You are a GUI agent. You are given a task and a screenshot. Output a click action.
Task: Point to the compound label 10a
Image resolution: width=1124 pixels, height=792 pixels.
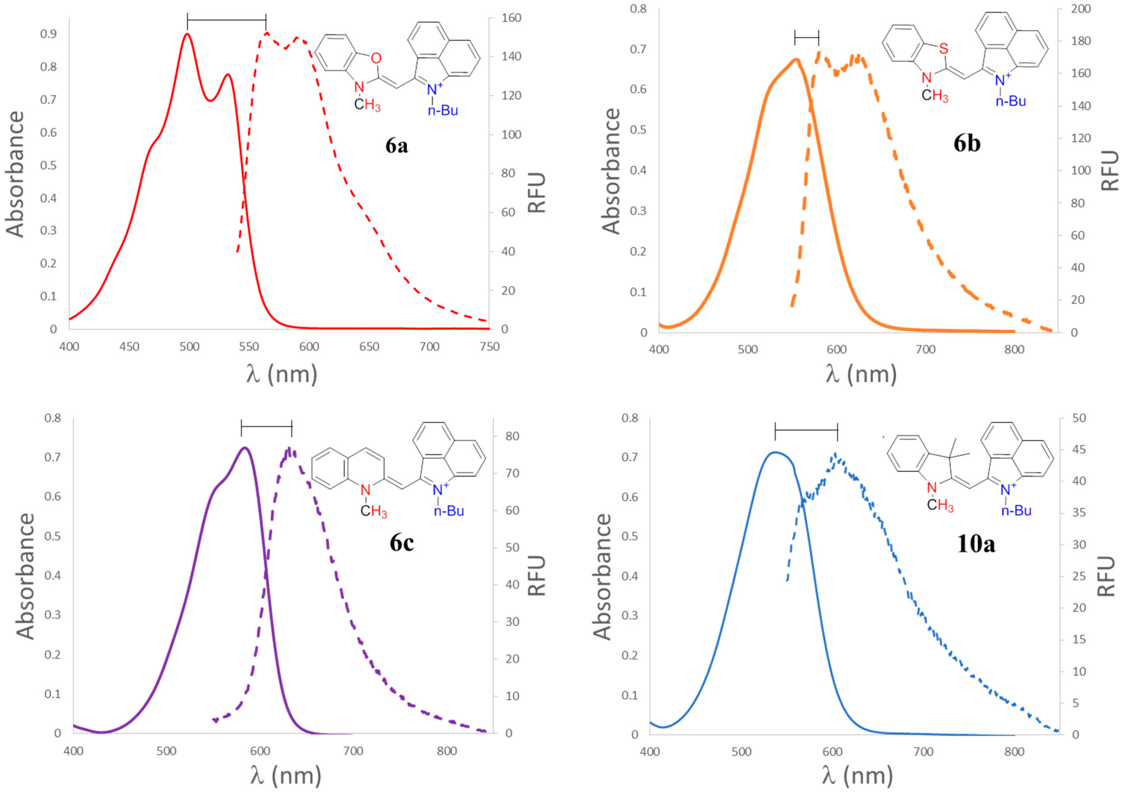(976, 544)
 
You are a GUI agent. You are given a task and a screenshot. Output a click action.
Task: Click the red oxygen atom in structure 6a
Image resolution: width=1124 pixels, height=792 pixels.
(376, 58)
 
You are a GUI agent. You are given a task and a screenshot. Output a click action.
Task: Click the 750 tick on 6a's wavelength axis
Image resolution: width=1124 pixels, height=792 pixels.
(489, 347)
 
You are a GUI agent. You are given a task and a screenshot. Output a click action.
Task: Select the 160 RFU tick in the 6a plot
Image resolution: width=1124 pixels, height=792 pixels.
(511, 18)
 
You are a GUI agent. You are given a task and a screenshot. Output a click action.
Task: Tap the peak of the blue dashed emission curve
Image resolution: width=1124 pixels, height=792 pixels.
(835, 454)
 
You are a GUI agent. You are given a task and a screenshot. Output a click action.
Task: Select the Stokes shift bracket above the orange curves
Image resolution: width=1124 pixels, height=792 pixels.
(806, 37)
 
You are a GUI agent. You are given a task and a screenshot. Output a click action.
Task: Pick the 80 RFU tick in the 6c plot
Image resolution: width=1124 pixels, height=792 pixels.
(512, 436)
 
